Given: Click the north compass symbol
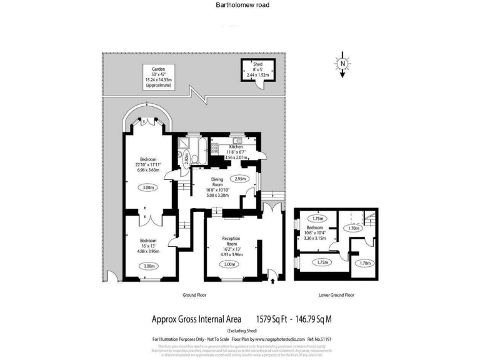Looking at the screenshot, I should click(x=342, y=64).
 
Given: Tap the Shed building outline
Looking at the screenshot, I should click(x=257, y=73).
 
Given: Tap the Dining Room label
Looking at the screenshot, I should click(x=217, y=186).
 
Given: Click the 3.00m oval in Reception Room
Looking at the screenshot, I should click(x=229, y=264).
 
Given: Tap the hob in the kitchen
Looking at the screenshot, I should click(x=215, y=147).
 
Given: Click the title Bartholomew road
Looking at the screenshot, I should click(x=239, y=5).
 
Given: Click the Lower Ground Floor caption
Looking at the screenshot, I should click(x=336, y=294).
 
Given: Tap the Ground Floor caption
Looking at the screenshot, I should click(x=194, y=294).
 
